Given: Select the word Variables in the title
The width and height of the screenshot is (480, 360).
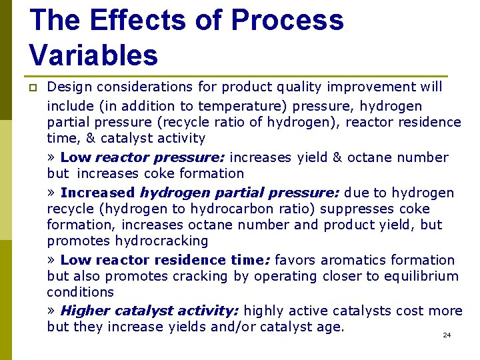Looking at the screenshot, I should pos(93,55).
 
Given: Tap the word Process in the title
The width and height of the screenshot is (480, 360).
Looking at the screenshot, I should pos(287,20).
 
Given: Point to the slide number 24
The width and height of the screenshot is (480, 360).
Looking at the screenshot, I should pos(447,335).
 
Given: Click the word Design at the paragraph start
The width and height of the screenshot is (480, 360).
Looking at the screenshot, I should pos(70,87).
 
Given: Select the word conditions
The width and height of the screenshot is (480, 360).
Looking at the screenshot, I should pos(80,292).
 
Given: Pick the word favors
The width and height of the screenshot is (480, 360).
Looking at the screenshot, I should pos(295,260).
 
